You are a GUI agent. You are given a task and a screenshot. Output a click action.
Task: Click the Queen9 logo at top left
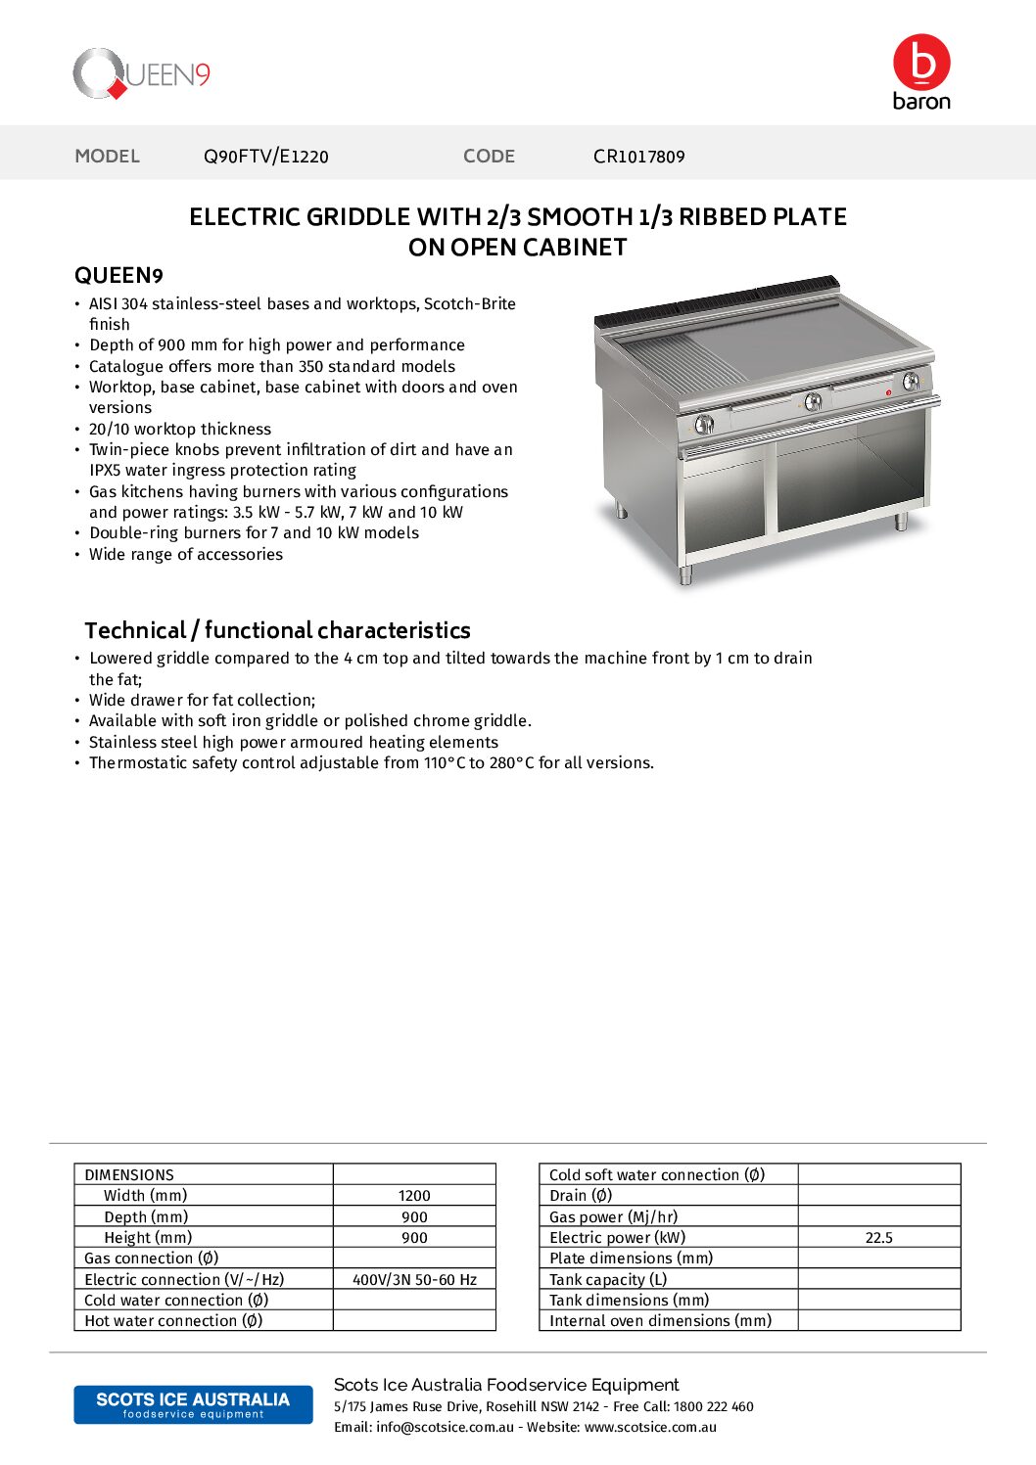click(x=141, y=74)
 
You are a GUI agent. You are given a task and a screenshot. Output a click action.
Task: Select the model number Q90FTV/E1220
click(x=265, y=157)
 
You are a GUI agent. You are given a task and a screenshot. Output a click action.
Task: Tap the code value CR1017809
click(x=638, y=157)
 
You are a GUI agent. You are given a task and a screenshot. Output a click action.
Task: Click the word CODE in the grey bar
click(x=489, y=157)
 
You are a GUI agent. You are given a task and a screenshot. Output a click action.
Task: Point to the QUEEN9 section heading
click(x=118, y=276)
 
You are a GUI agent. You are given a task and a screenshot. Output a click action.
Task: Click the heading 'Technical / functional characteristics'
click(x=277, y=630)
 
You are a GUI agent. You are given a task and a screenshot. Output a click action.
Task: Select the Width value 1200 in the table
click(x=414, y=1196)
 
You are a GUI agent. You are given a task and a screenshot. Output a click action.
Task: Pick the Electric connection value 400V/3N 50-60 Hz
click(x=414, y=1279)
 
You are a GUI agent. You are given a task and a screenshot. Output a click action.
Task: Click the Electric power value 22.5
click(x=878, y=1238)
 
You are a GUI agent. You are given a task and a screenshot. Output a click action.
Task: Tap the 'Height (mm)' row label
click(x=148, y=1238)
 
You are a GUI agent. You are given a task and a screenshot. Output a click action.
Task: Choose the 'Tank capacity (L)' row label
click(x=608, y=1279)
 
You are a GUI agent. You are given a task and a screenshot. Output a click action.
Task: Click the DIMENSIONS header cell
click(x=129, y=1174)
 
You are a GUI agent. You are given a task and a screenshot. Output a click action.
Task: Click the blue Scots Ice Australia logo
click(x=193, y=1404)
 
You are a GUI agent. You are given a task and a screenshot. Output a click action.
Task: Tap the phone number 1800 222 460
click(x=714, y=1406)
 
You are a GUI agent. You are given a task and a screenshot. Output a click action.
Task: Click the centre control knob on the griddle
click(x=812, y=401)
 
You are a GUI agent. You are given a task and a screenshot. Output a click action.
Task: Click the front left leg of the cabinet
click(x=685, y=574)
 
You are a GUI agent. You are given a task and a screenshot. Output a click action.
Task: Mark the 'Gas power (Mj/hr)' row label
click(x=613, y=1216)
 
